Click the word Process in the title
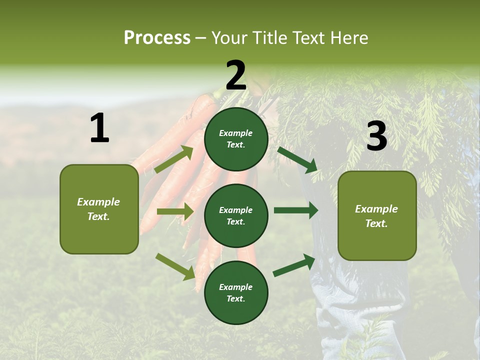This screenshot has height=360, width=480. pos(157,38)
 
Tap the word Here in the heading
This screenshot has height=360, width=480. pos(348,38)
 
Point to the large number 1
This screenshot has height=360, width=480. pos(99,128)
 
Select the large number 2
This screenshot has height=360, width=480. pos(236,75)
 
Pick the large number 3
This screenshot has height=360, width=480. pos(376,136)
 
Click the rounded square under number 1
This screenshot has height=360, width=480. pos(99,209)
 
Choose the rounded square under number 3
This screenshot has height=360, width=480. pos(377,215)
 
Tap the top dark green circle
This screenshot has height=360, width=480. pos(236,139)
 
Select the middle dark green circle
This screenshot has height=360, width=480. pos(236,216)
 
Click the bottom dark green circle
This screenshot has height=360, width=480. pos(236,293)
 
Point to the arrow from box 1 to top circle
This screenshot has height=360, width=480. pos(173,159)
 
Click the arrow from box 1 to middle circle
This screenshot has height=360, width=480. pos(175,211)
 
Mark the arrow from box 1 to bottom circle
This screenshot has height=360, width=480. pos(175,266)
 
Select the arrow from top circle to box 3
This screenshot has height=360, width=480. pos(297,159)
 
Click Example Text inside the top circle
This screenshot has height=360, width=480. pos(236,139)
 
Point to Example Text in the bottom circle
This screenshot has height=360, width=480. pos(236,293)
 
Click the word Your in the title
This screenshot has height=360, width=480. pos(230,38)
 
